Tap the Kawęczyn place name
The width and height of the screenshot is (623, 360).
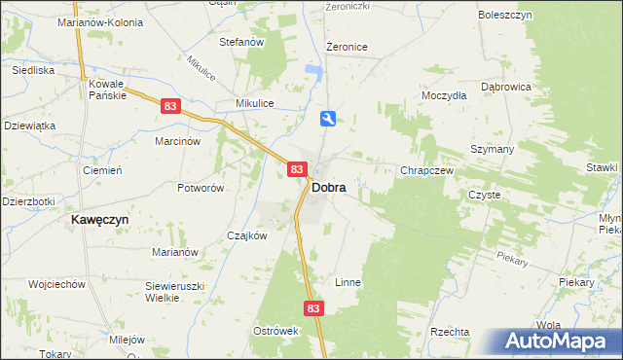(100, 220)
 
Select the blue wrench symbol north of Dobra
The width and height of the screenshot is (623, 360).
(329, 119)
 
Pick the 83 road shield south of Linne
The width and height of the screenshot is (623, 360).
(312, 307)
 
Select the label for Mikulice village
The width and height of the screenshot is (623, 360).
(255, 102)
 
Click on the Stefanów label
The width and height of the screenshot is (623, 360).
(242, 42)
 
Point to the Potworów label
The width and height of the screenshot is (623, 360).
(201, 187)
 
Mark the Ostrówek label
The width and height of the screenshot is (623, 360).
(275, 331)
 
